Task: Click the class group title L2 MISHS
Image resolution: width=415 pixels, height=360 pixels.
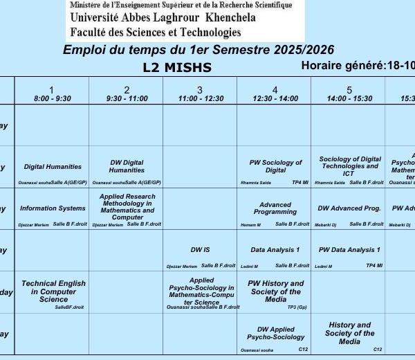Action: [x=177, y=67]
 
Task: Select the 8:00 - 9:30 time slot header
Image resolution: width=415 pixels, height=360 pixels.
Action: [x=53, y=94]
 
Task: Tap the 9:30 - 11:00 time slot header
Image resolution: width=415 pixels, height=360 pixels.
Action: [x=127, y=94]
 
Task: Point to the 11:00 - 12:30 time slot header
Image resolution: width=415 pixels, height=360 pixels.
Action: [x=201, y=94]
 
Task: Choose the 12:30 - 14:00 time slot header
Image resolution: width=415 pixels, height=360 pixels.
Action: [x=275, y=94]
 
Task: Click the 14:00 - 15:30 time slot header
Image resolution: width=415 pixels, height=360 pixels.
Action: [x=349, y=94]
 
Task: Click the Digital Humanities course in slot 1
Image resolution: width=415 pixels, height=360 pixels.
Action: [x=53, y=166]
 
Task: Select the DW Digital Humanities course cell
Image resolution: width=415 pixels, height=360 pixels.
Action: [x=127, y=166]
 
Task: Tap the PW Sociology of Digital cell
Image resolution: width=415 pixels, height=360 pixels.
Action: [x=275, y=166]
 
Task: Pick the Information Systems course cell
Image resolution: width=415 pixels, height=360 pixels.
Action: [x=53, y=208]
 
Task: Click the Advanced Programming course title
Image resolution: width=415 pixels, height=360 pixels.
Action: [x=275, y=208]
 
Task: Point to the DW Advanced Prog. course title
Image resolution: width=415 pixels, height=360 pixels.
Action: [x=349, y=208]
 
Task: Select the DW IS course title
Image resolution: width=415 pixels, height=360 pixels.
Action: [x=201, y=249]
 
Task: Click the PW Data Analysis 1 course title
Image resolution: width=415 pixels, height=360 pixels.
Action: [x=349, y=249]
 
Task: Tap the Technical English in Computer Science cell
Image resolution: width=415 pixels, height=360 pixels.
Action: [x=53, y=291]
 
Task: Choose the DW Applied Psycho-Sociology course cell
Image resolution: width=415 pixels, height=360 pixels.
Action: [x=275, y=333]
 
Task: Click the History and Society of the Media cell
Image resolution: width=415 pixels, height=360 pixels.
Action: [x=349, y=332]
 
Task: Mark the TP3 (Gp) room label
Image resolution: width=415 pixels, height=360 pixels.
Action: [x=297, y=307]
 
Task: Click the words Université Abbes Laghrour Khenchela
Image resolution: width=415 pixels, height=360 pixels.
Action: [x=163, y=18]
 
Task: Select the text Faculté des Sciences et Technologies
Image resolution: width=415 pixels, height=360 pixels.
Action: [x=156, y=32]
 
